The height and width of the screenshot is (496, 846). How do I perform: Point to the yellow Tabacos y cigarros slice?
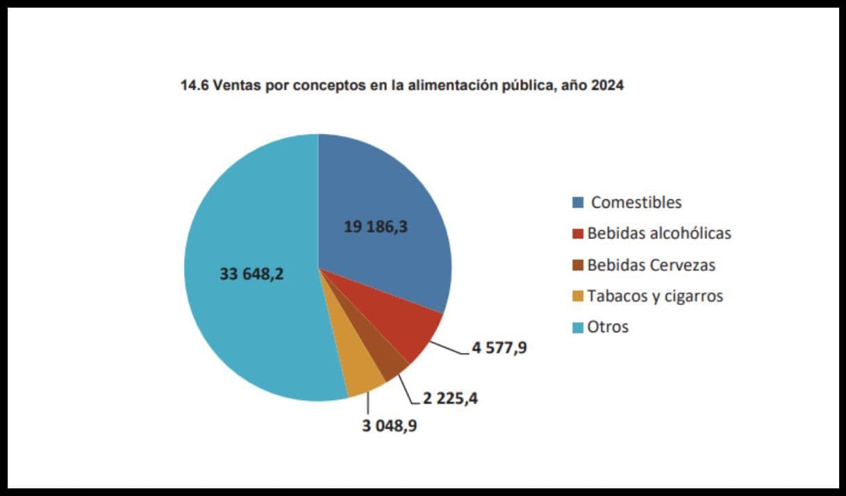363,375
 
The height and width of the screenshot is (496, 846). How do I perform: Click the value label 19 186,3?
376,227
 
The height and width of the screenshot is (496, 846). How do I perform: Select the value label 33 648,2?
251,273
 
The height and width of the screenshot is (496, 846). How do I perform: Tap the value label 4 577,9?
499,347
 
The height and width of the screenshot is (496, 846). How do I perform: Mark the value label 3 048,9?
389,425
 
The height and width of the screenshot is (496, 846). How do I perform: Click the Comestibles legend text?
636,202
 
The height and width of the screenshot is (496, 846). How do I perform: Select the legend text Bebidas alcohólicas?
659,233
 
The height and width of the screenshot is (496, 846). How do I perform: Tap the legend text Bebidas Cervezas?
651,265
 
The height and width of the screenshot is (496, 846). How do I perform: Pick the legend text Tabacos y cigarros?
655,296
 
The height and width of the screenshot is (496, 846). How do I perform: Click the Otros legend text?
608,327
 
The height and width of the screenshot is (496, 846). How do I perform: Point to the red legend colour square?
578,234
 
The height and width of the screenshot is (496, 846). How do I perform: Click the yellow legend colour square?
578,297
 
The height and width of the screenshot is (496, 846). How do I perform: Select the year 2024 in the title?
608,86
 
